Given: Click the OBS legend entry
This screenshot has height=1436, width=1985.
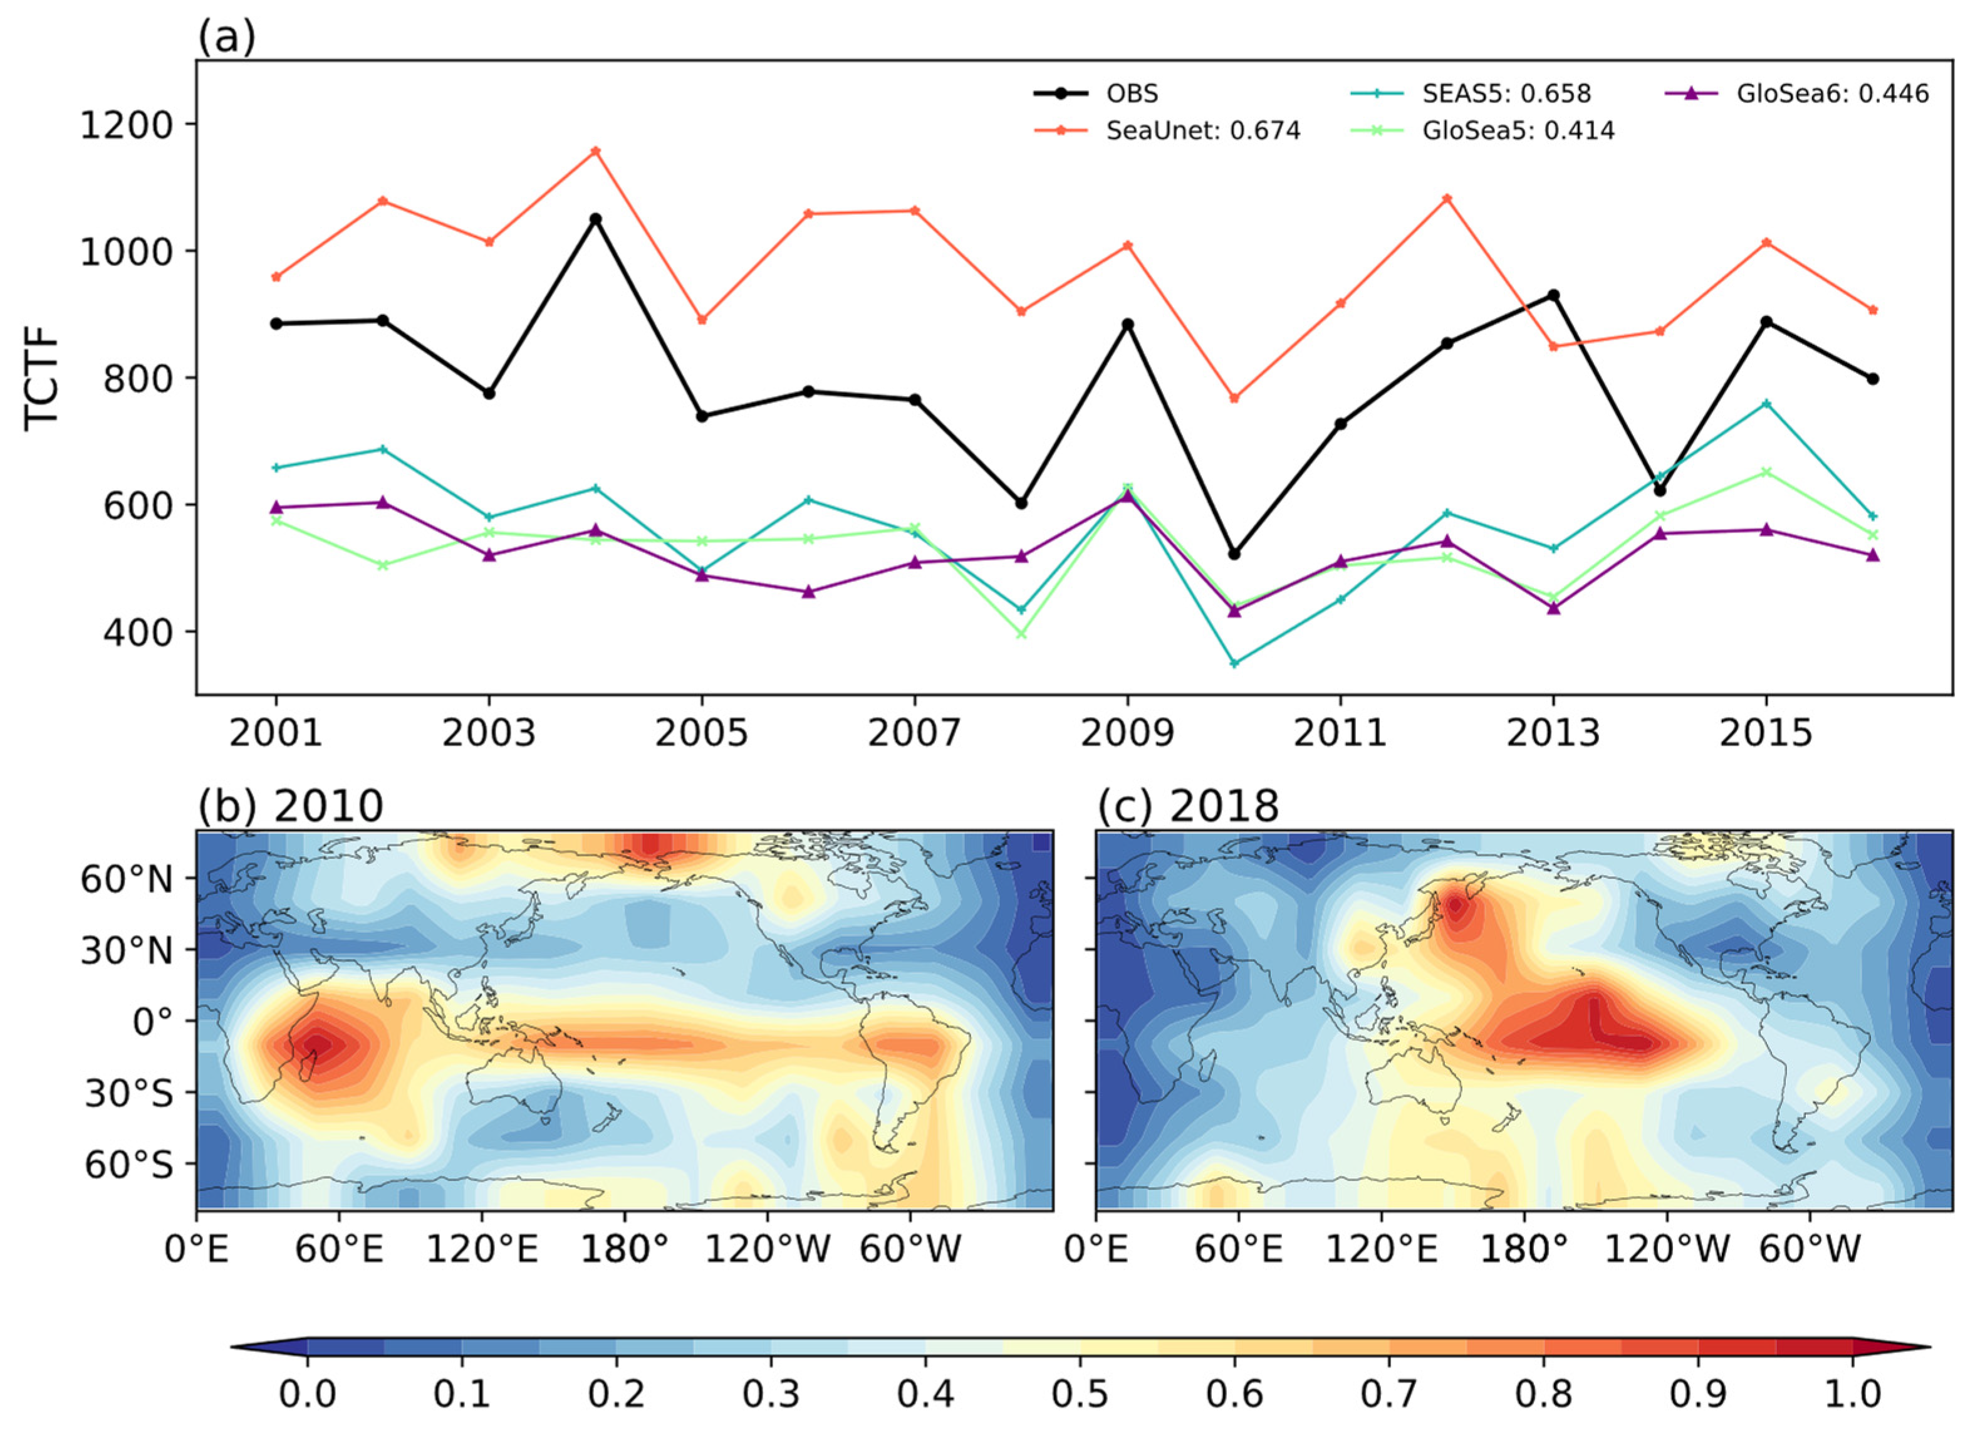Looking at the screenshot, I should click(x=1131, y=93).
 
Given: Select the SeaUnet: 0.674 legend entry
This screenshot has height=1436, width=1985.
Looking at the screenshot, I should click(x=1202, y=130).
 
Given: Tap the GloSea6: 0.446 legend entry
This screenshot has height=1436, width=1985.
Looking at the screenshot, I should click(x=1832, y=93).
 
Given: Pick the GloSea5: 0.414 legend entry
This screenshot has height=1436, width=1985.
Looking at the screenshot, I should click(x=1518, y=130).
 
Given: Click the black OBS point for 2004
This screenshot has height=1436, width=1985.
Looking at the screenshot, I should click(x=596, y=219).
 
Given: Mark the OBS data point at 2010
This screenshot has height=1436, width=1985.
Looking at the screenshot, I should click(x=1234, y=553).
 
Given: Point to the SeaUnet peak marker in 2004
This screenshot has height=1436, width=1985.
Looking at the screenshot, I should click(x=596, y=150).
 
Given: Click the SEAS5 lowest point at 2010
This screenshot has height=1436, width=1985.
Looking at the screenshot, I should click(x=1234, y=664).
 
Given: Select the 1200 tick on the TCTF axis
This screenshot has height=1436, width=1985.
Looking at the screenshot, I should click(x=127, y=124).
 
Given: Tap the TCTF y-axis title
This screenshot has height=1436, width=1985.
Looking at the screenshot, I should click(x=42, y=377).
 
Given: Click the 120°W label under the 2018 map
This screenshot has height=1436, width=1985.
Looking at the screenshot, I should click(x=1667, y=1248).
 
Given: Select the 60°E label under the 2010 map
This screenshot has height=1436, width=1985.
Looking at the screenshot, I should click(x=340, y=1248).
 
